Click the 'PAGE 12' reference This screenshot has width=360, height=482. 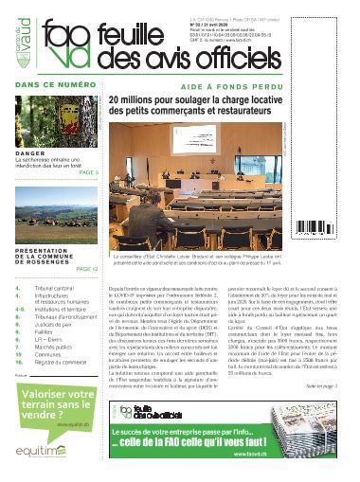tap(85, 268)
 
